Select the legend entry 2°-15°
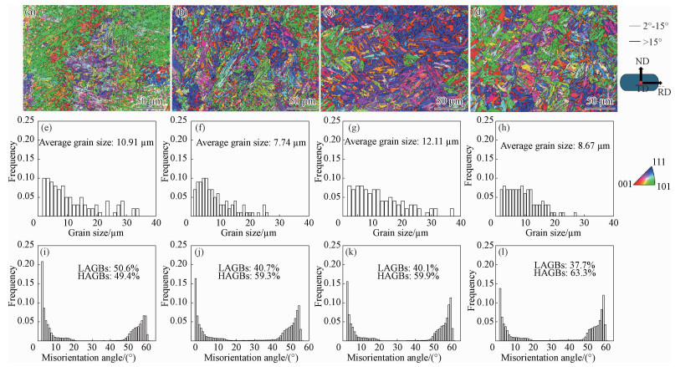point(646,27)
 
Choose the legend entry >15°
point(646,40)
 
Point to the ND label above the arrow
point(641,61)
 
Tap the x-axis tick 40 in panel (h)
point(616,214)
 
